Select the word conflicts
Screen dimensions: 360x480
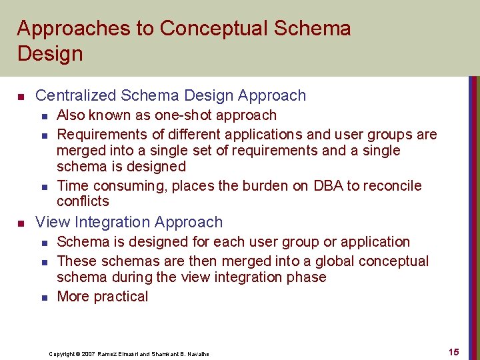tap(83, 201)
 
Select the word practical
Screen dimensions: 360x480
tap(122, 297)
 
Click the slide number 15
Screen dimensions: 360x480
tap(453, 352)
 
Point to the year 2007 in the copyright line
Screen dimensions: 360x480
tap(87, 353)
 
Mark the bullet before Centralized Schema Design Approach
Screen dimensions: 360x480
tap(21, 97)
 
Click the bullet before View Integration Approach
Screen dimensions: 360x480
tap(21, 223)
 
